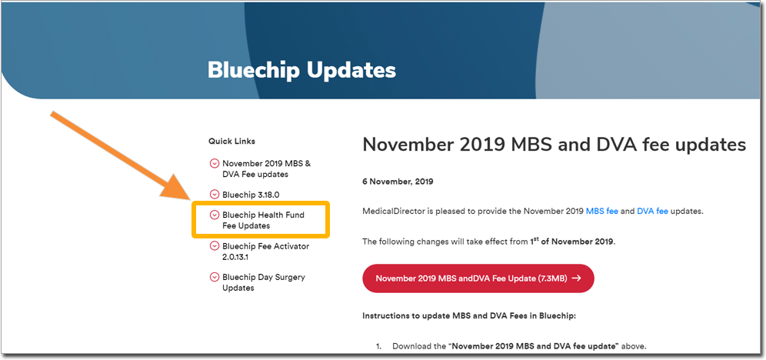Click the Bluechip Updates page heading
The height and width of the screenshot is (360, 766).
301,70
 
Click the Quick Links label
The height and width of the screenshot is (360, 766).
231,142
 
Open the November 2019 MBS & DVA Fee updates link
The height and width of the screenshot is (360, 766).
266,168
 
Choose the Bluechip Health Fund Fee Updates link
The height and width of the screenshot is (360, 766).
263,220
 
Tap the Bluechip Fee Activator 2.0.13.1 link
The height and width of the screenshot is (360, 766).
266,252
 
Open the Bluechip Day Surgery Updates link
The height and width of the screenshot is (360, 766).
263,282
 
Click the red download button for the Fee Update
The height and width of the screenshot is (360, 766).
478,278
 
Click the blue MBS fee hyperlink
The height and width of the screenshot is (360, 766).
602,212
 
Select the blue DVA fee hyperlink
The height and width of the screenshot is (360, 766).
653,212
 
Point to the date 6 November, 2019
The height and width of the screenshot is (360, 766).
398,182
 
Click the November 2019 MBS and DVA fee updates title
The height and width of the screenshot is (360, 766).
554,145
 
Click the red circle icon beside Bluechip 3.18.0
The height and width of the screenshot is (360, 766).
214,195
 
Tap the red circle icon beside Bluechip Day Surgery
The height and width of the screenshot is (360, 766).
214,278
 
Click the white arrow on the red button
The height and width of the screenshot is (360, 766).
576,278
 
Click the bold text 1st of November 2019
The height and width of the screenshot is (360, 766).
571,242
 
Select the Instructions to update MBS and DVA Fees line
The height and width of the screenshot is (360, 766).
469,316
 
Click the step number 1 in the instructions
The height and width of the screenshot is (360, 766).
378,346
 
